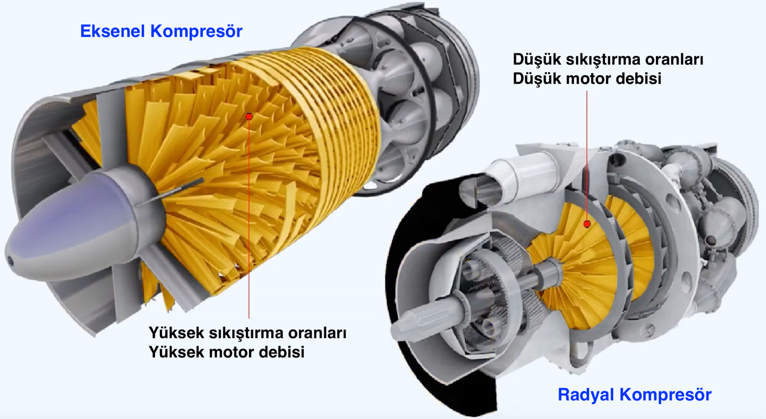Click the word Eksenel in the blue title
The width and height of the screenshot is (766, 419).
coord(112,31)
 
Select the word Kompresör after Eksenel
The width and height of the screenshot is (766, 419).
coord(196,31)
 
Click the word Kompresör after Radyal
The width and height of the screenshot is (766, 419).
coord(665,395)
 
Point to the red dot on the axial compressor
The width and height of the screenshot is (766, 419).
coord(249,117)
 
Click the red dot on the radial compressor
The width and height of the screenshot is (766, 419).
coord(587,224)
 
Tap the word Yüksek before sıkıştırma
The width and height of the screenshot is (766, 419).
coord(176,333)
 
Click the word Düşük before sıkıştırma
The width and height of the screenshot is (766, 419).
coord(536,60)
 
